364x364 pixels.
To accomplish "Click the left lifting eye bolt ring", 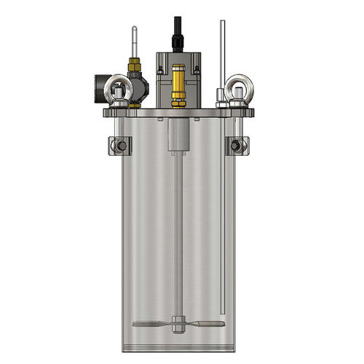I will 116,89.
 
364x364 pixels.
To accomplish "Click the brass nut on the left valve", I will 133,67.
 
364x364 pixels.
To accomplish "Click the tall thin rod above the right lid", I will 222,51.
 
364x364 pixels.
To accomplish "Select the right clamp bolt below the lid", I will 235,146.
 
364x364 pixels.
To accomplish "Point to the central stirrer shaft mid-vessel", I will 178,233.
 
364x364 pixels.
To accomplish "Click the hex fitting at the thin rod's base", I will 221,95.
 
